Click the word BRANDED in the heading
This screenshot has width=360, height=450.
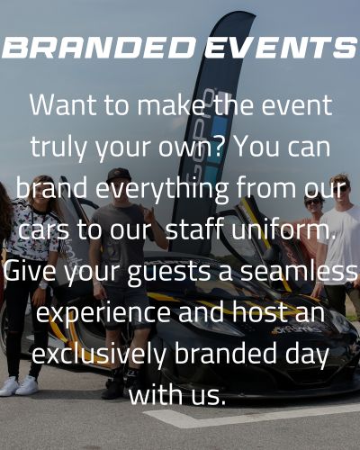98,48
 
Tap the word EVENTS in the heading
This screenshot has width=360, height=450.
281,48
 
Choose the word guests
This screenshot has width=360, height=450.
169,272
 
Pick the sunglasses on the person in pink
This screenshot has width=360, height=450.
313,202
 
